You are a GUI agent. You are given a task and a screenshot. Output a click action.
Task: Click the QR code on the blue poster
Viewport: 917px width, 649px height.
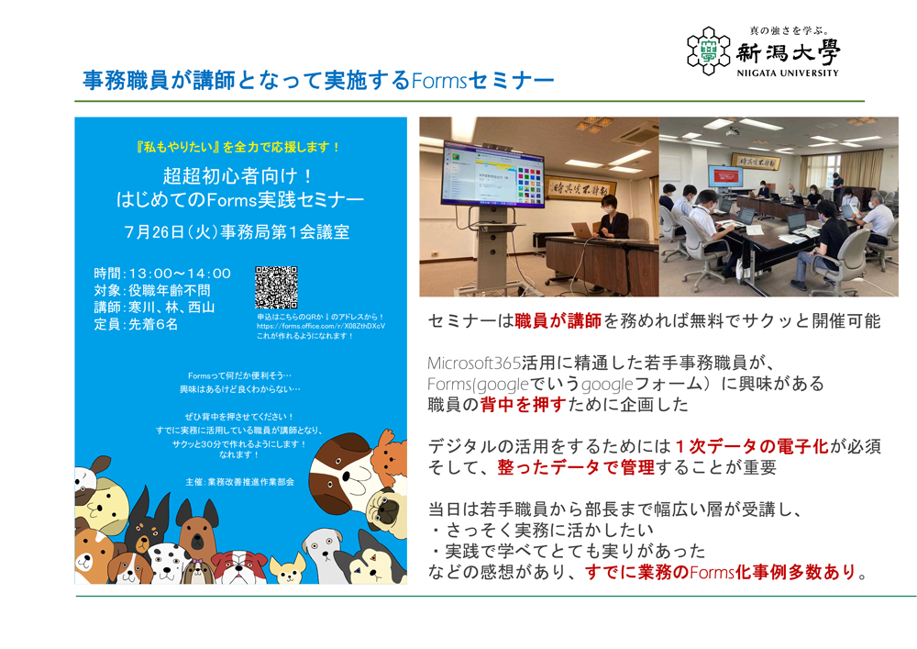click(x=276, y=288)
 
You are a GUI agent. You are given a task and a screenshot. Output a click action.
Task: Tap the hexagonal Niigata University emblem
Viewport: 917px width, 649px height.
click(x=708, y=50)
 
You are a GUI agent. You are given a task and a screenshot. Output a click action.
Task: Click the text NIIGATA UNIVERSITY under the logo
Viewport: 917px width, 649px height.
click(x=787, y=73)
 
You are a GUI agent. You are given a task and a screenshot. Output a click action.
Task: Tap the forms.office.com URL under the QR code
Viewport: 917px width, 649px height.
click(x=321, y=326)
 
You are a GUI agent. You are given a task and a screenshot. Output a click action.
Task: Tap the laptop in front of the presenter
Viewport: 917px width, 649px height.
click(x=583, y=229)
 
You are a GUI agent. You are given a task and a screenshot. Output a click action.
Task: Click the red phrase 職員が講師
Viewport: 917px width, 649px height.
click(x=558, y=321)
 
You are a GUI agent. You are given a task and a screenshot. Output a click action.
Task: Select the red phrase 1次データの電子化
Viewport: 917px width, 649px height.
click(x=751, y=446)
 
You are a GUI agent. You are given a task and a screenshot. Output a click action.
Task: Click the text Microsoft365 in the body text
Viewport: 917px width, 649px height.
click(x=473, y=362)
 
